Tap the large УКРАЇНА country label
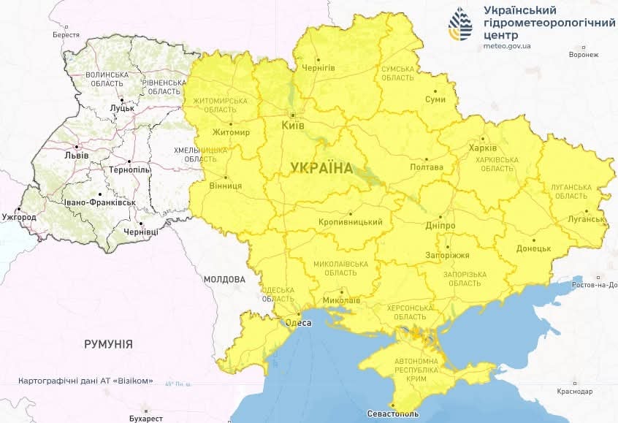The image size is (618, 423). [x=321, y=167]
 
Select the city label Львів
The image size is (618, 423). [x=76, y=156]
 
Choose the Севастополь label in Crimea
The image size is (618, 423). [x=394, y=414]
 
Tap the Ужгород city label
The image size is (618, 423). [x=18, y=218]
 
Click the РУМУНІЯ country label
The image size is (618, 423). [x=108, y=343]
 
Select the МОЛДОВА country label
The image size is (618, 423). [x=224, y=279]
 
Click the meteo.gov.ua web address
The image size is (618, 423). [x=507, y=46]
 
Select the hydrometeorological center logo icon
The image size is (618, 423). [x=460, y=26]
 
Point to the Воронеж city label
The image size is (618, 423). [x=583, y=55]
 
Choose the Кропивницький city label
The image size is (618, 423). [x=351, y=222]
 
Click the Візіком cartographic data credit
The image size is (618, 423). [x=85, y=381]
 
